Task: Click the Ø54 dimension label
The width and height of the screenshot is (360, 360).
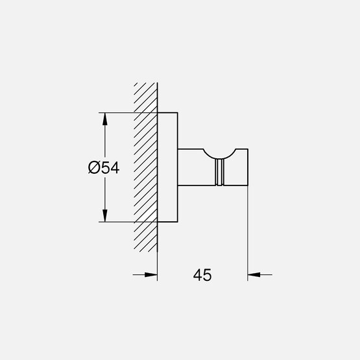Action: (103, 167)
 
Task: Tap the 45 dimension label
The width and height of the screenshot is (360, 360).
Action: (202, 275)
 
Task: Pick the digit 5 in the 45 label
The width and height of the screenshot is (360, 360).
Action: (208, 275)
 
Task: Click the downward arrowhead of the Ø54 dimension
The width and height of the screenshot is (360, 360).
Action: (103, 216)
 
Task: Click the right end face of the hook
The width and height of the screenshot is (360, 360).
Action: (248, 167)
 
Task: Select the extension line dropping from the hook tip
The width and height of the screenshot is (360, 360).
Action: (248, 234)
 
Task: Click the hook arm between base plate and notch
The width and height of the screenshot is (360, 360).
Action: (193, 167)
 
